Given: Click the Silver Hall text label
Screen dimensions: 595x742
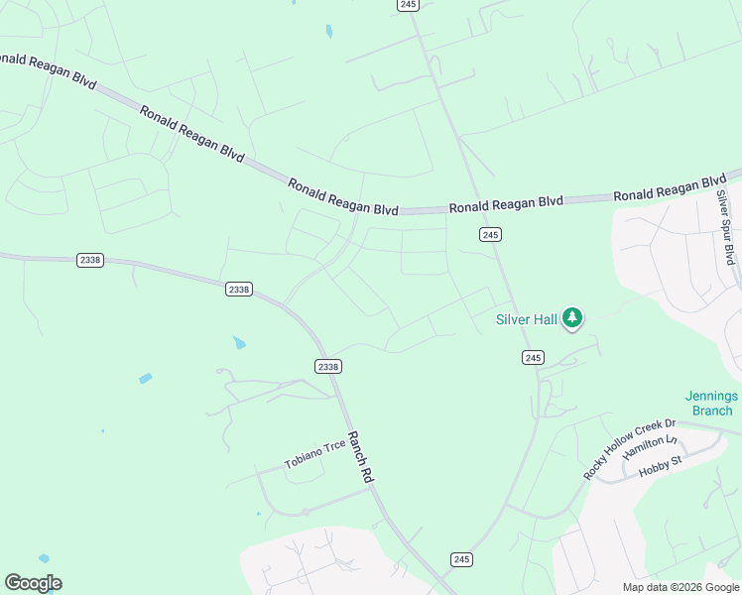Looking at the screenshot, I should click(x=526, y=319).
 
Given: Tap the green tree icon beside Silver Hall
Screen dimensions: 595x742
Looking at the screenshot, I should click(x=571, y=318).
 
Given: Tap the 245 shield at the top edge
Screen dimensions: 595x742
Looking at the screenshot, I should click(x=409, y=5).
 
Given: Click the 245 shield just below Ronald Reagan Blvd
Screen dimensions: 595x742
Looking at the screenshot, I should click(x=489, y=234).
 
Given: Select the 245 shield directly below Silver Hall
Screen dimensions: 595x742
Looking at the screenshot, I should click(x=533, y=357).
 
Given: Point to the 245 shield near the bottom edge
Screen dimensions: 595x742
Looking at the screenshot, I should click(x=461, y=559).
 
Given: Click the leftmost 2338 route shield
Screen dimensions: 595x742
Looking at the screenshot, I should click(x=89, y=260).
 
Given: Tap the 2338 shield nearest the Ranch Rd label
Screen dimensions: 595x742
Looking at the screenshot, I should click(x=328, y=366).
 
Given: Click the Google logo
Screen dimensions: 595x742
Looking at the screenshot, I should click(x=33, y=583).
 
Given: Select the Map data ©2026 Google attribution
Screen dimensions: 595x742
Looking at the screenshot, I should click(x=680, y=587).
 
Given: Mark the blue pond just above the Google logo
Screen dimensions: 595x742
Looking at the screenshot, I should click(x=43, y=559).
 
